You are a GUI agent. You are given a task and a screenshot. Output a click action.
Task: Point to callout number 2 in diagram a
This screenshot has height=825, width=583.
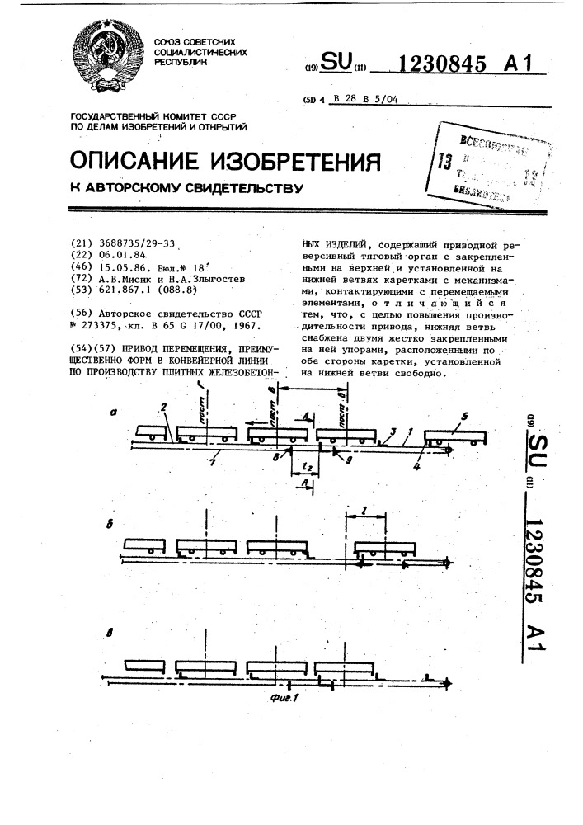164,407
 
